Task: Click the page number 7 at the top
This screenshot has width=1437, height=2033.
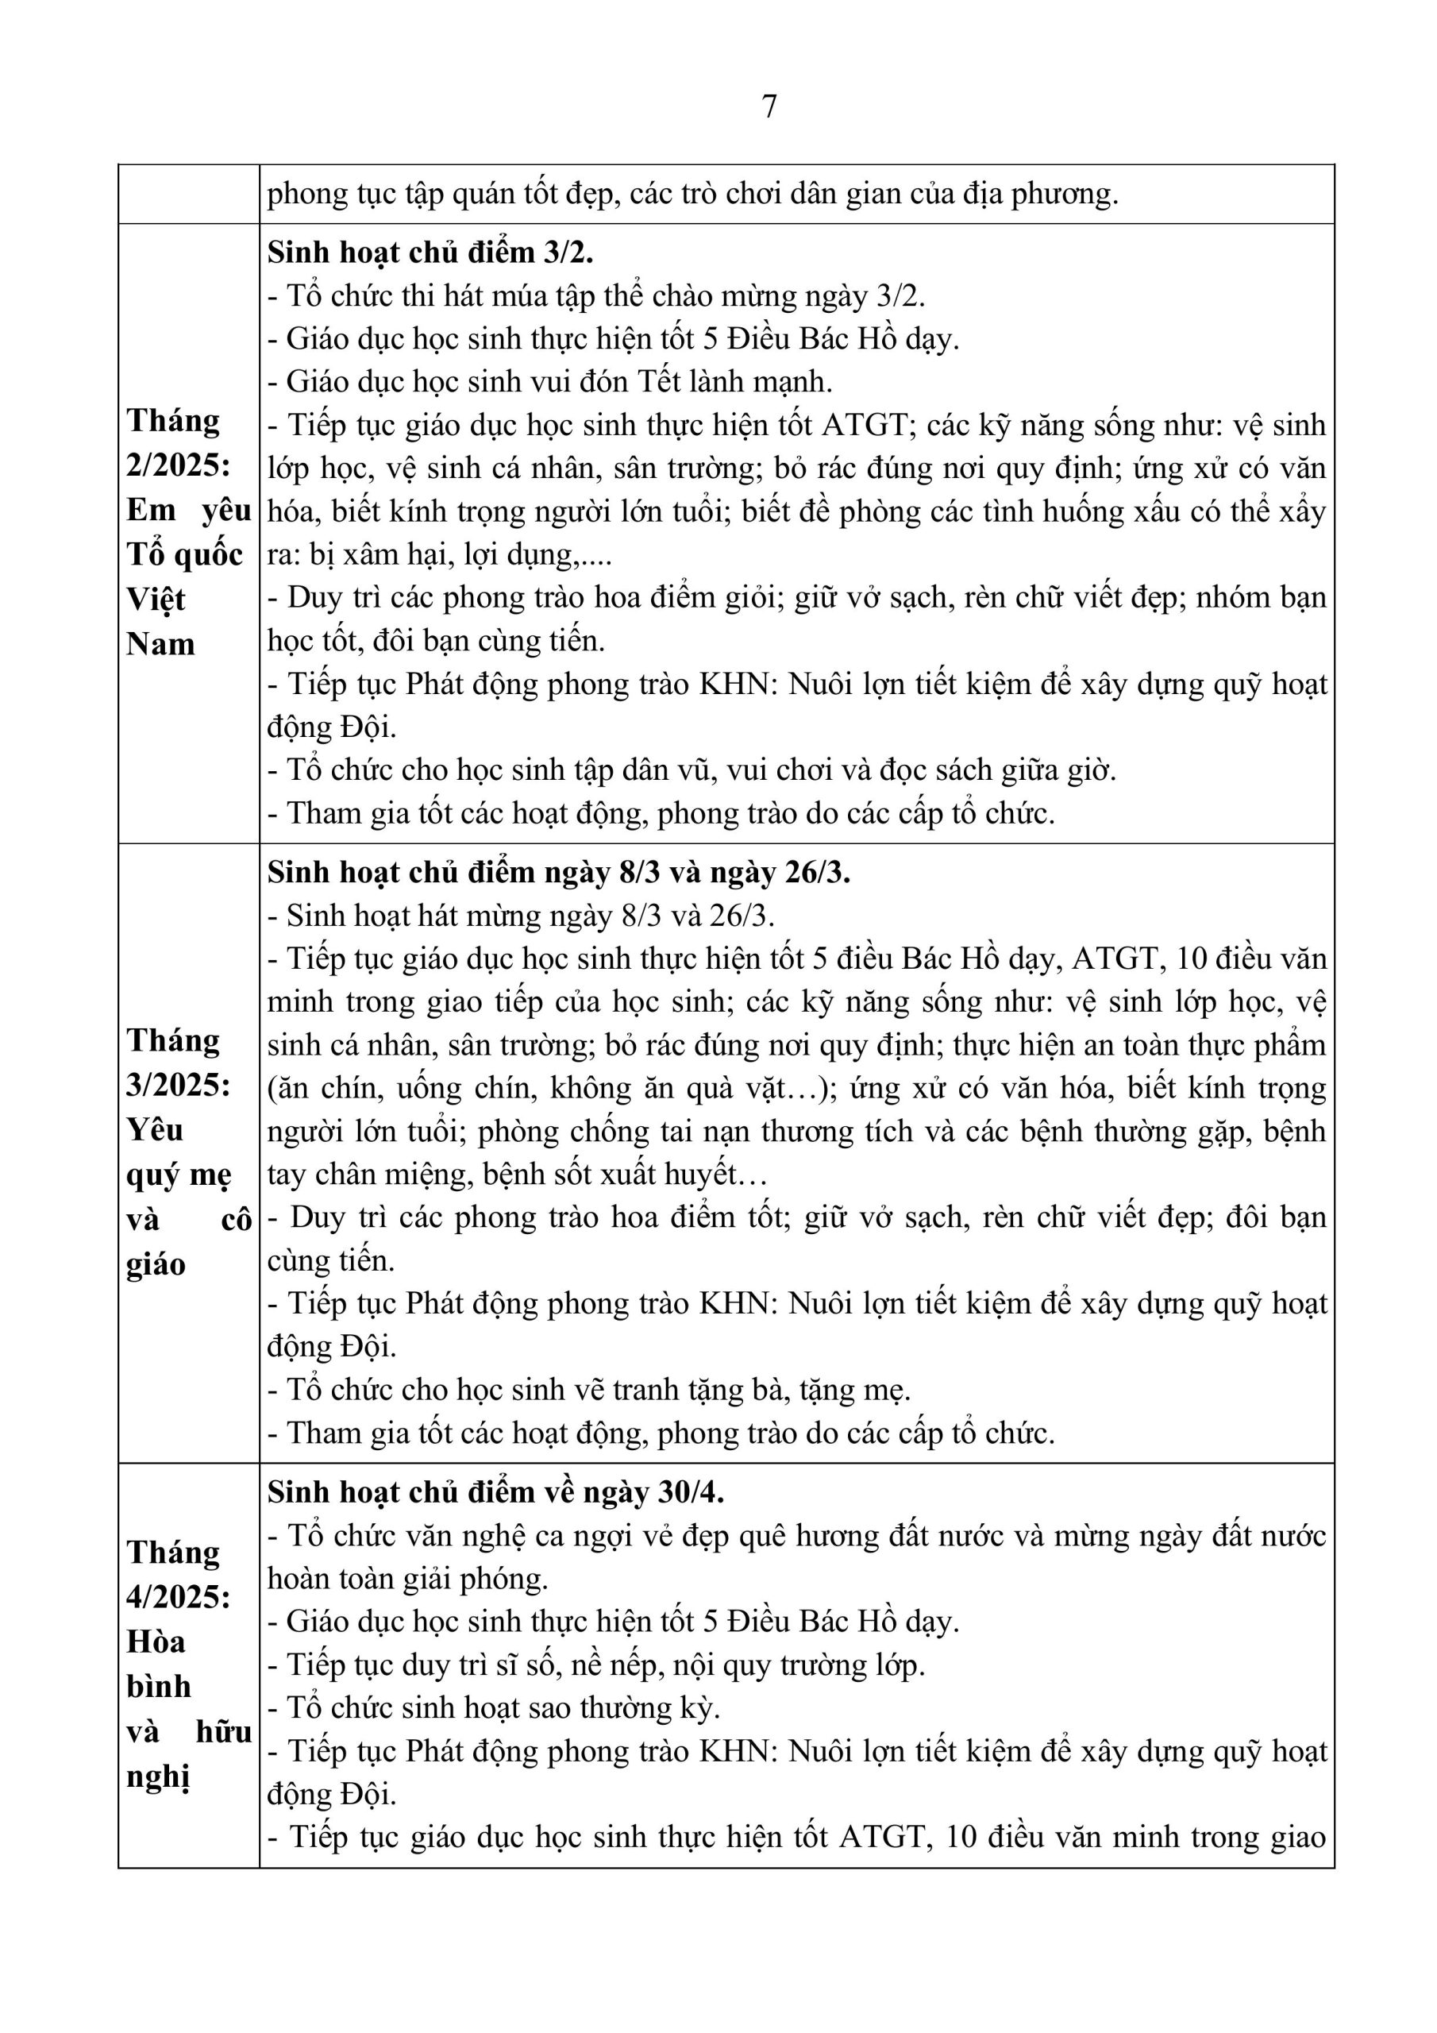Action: pos(769,107)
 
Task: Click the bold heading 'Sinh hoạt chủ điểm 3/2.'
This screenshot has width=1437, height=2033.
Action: pos(430,253)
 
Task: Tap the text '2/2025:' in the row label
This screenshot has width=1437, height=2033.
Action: pos(178,465)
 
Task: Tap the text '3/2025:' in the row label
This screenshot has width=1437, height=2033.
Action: pos(178,1086)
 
